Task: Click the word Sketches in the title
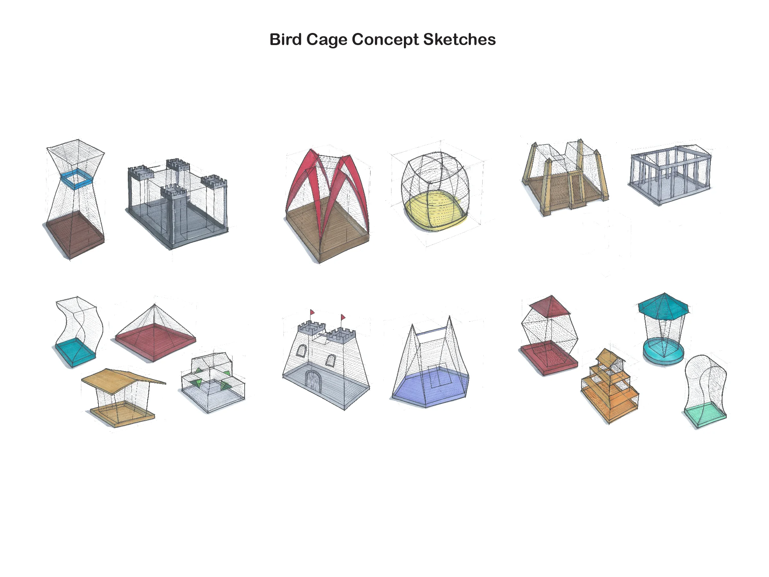click(x=459, y=40)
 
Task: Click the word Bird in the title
click(x=285, y=40)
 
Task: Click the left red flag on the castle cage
click(x=312, y=312)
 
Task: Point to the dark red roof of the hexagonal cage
click(x=550, y=307)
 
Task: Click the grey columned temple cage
click(x=670, y=174)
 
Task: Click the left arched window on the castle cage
click(x=301, y=351)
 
